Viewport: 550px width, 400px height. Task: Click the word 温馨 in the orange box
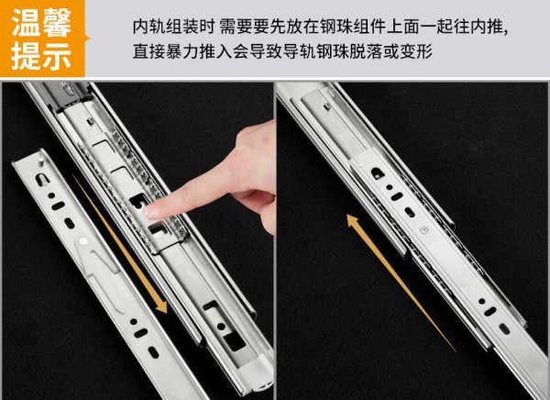click(41, 23)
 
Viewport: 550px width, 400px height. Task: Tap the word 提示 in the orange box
click(41, 55)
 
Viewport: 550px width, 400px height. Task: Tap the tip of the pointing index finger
click(148, 212)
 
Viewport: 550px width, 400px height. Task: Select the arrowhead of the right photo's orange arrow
click(352, 220)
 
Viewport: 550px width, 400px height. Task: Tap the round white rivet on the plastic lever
click(83, 241)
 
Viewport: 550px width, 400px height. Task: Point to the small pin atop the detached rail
click(41, 161)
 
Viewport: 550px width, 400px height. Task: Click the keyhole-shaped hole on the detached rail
click(41, 179)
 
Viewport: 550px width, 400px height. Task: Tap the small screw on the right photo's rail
click(424, 230)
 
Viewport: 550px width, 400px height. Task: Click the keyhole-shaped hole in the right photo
click(377, 172)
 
